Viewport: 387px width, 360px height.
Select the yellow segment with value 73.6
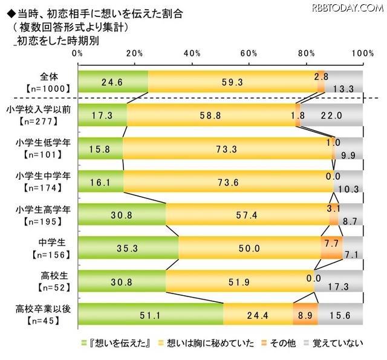click(x=229, y=181)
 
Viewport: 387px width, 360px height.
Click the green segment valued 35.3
click(x=128, y=247)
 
